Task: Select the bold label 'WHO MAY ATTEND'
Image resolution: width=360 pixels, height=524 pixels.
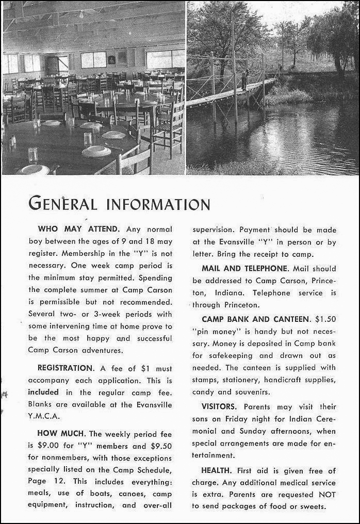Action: [79, 228]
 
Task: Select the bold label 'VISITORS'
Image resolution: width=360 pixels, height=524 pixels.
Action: [219, 406]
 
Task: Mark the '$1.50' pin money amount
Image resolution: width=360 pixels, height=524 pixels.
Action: [325, 319]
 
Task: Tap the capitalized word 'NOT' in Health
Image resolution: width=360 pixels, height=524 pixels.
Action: [328, 495]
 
